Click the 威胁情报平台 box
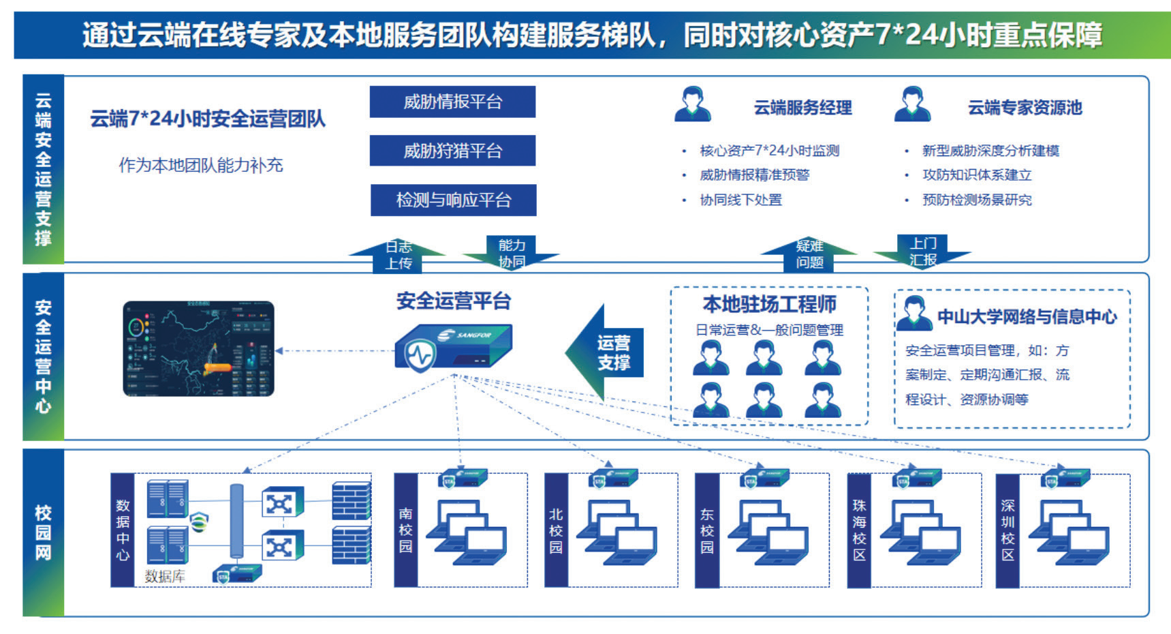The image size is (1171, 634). pyautogui.click(x=452, y=102)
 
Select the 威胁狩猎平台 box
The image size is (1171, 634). pyautogui.click(x=452, y=151)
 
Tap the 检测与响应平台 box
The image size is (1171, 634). pyautogui.click(x=453, y=200)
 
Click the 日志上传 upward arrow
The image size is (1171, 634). pyautogui.click(x=398, y=255)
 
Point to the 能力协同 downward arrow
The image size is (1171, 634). pyautogui.click(x=512, y=253)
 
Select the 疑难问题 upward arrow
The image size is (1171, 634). pyautogui.click(x=809, y=254)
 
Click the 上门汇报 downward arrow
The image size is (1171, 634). pyautogui.click(x=923, y=252)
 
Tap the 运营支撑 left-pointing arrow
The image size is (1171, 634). pyautogui.click(x=606, y=352)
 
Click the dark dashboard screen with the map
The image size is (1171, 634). pyautogui.click(x=198, y=348)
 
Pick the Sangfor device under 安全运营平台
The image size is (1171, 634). pyautogui.click(x=453, y=348)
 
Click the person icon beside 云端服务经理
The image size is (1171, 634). pyautogui.click(x=693, y=104)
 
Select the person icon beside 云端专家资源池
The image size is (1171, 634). pyautogui.click(x=912, y=104)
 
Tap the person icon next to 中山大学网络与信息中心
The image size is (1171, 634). pyautogui.click(x=914, y=314)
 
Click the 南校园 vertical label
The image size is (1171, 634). pyautogui.click(x=406, y=530)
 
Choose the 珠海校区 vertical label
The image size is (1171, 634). pyautogui.click(x=859, y=530)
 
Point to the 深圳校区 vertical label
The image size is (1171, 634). pyautogui.click(x=1008, y=530)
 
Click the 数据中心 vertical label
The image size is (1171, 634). pyautogui.click(x=123, y=530)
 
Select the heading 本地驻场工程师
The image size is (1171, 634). pyautogui.click(x=769, y=304)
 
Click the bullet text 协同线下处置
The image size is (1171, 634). pyautogui.click(x=740, y=200)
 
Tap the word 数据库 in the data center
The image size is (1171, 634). pyautogui.click(x=165, y=576)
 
